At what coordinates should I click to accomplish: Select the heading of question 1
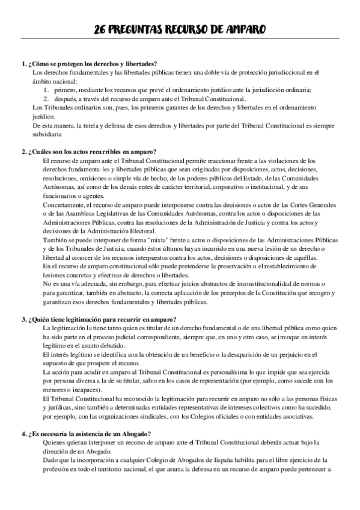pos(89,64)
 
